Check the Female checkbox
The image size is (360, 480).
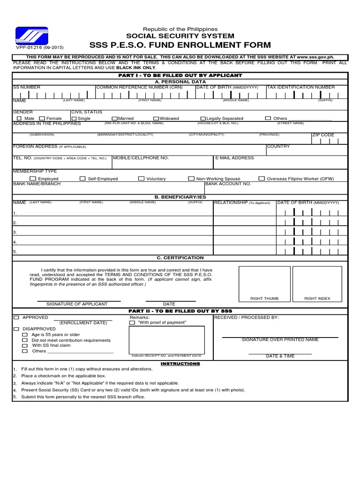coord(42,119)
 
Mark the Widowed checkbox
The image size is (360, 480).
coord(156,119)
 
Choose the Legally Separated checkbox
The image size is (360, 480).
coord(203,119)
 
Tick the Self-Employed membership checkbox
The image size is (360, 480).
coord(82,179)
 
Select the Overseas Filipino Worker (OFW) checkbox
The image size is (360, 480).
coord(262,179)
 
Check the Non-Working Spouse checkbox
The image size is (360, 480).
coord(191,179)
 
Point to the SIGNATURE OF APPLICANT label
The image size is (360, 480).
coord(77,304)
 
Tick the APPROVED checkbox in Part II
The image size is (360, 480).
coord(16,317)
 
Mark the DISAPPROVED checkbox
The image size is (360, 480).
coord(16,329)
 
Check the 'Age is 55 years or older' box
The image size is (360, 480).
coord(25,335)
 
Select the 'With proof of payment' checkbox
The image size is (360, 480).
coord(132,322)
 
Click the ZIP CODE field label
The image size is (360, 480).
coord(323,135)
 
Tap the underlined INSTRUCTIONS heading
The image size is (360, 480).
coord(180,364)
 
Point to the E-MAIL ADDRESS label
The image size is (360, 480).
coord(234,158)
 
